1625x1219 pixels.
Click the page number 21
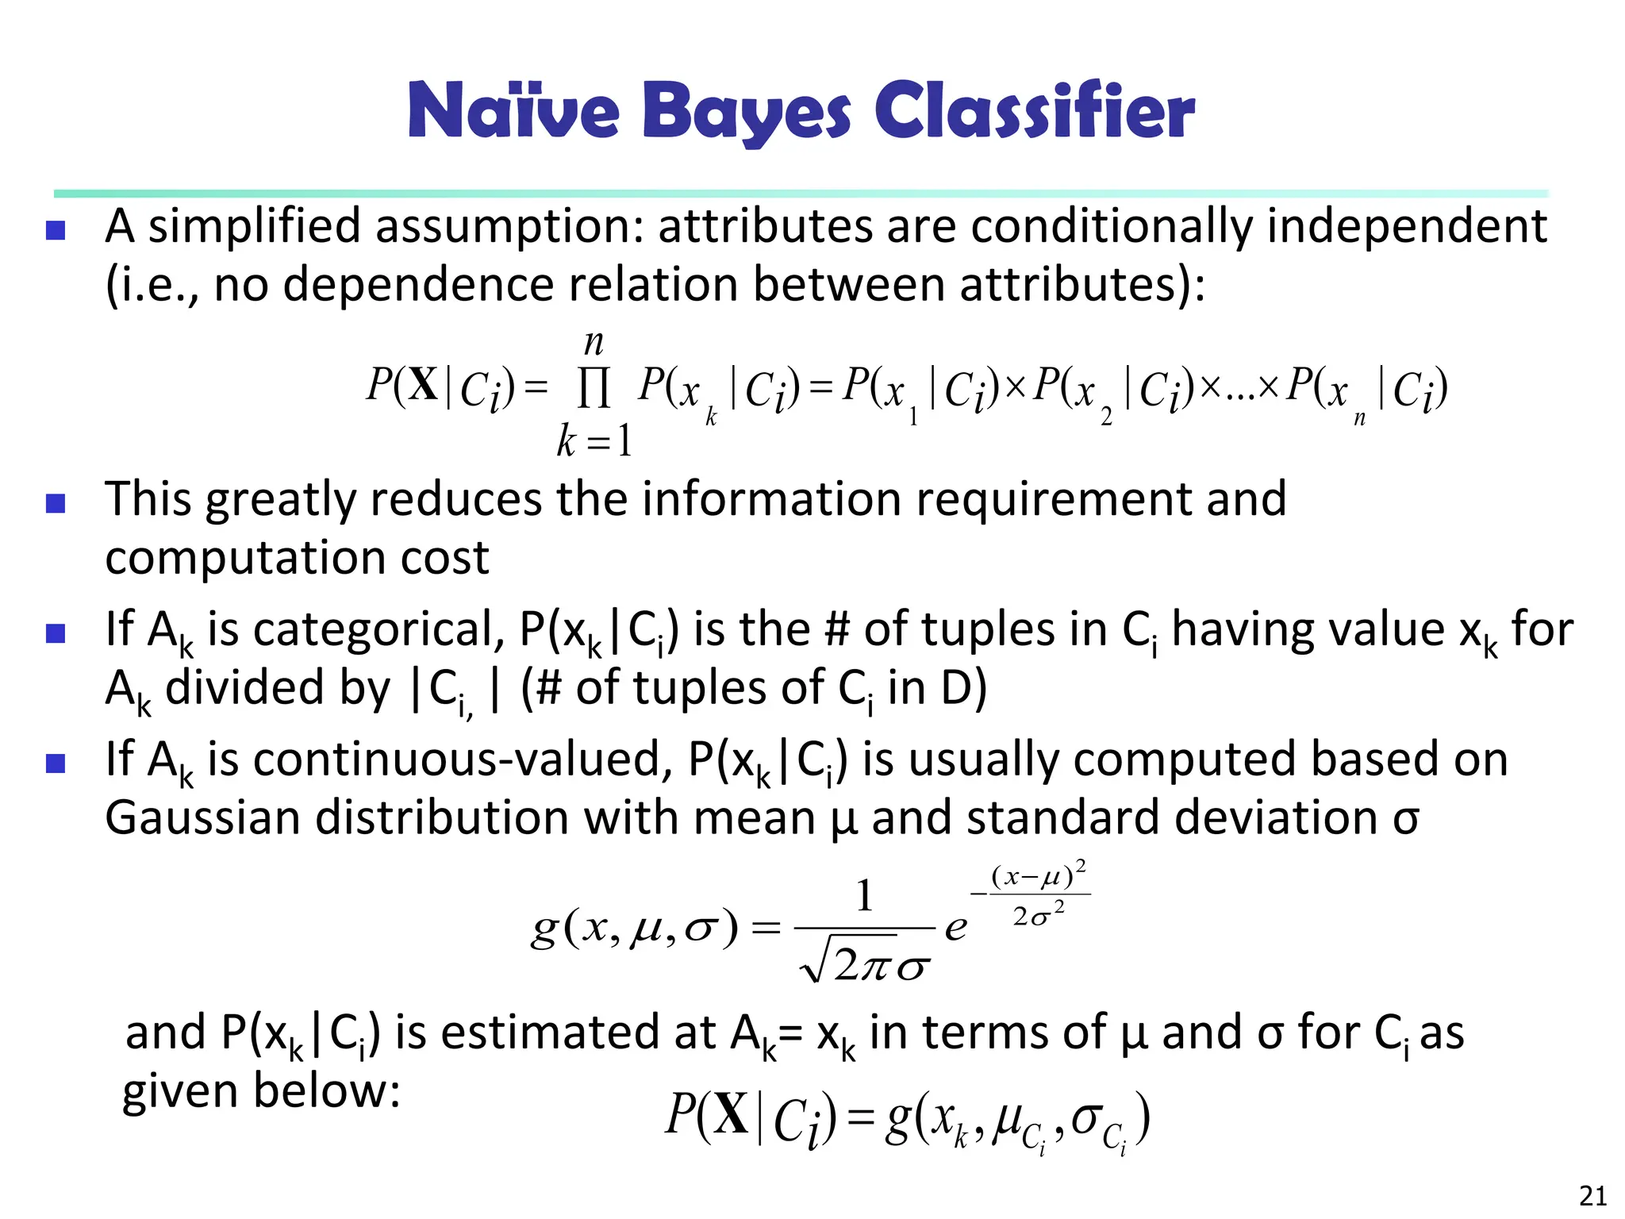[x=1592, y=1195]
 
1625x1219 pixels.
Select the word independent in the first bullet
[x=1406, y=227]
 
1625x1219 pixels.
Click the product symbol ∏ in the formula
[x=594, y=390]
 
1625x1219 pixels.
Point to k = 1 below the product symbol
[x=594, y=441]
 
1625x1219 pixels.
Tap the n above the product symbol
[x=594, y=343]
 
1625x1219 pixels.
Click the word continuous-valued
[x=457, y=759]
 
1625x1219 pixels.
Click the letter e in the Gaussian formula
[x=956, y=927]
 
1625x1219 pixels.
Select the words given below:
[x=261, y=1091]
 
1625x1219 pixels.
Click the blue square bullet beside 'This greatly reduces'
[x=56, y=503]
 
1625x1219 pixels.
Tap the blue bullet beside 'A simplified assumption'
[x=56, y=230]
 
